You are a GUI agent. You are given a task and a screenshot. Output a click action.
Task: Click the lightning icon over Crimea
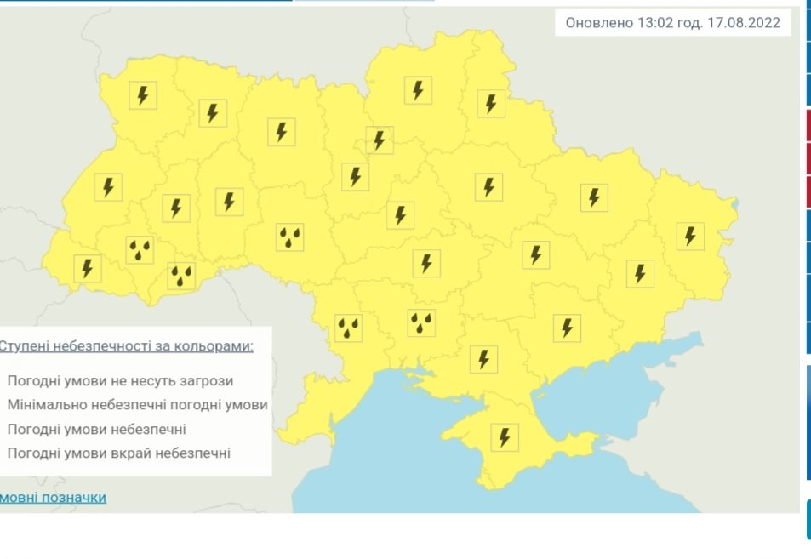[505, 438]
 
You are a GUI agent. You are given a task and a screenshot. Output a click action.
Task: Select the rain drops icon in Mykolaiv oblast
[421, 322]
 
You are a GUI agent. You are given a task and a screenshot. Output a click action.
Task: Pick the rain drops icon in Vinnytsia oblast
[290, 237]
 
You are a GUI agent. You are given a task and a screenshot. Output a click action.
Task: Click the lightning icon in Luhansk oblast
[690, 235]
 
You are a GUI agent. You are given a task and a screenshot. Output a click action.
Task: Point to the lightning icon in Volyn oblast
[143, 94]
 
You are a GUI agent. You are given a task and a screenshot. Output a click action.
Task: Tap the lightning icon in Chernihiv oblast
[418, 90]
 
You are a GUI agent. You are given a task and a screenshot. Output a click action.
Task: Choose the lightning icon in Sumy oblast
[490, 104]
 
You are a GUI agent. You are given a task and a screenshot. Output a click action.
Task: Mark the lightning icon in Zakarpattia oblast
[87, 268]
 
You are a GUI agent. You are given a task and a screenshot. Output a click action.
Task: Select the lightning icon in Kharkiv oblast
[594, 197]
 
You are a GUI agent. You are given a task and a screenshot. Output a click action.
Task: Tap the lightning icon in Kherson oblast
[483, 359]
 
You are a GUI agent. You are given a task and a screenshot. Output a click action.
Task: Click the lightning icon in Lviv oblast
[108, 187]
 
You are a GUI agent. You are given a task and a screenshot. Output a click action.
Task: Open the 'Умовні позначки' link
[53, 497]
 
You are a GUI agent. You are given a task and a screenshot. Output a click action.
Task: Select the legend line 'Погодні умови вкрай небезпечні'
[118, 453]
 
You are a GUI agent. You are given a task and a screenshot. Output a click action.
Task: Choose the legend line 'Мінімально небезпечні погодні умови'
[137, 405]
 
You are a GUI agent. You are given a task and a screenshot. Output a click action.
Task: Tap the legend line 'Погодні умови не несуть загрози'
[120, 381]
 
